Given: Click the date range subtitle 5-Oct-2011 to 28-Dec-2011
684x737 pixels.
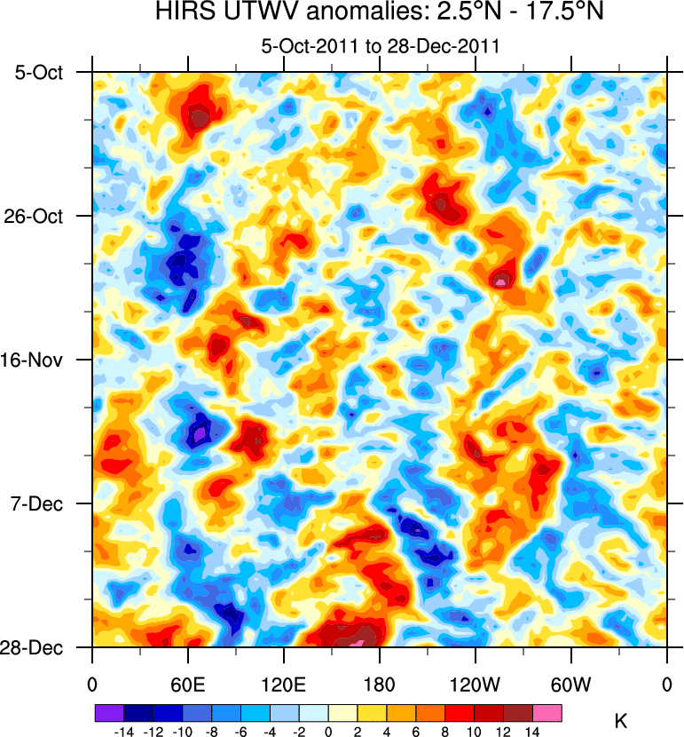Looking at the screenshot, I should coord(380,46).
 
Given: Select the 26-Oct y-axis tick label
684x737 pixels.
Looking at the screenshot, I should coord(39,216).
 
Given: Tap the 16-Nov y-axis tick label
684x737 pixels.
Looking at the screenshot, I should coord(39,360).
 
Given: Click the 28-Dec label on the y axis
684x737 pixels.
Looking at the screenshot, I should coord(39,647).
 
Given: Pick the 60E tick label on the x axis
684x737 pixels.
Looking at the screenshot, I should coord(188,685).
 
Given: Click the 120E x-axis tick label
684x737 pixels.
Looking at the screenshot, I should coord(284,685).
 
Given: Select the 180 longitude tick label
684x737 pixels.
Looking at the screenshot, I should coord(380,685).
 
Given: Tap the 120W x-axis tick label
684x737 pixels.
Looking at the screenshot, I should coord(476,685).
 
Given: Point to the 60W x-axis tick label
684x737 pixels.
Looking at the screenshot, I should coord(571,685).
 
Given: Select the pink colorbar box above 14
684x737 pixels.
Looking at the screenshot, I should coord(547,712).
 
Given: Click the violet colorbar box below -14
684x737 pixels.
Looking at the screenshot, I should coord(109,712).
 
